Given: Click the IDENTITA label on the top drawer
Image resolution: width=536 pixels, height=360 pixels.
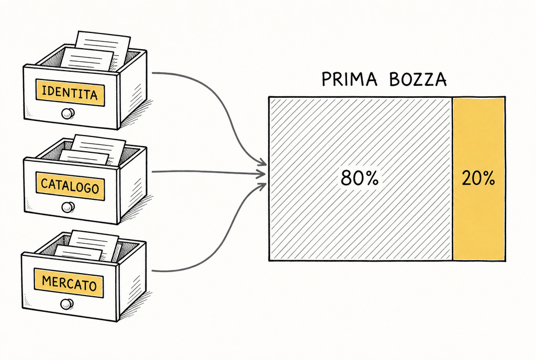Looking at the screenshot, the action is coord(70,93).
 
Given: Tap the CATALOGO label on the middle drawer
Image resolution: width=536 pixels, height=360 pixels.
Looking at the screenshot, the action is coord(70,186).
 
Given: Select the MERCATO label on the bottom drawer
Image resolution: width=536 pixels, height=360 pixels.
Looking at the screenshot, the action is coord(69,283).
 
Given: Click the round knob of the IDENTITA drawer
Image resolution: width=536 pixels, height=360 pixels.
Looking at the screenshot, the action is coord(68,113).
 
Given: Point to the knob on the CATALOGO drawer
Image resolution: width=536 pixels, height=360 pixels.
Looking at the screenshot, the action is coord(68,207).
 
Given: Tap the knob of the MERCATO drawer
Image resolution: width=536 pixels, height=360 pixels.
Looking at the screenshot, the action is coord(67,303).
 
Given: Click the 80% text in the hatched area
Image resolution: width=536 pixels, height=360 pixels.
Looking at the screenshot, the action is coord(360,178).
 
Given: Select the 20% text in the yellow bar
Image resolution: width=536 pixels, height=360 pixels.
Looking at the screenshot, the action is coord(478,178).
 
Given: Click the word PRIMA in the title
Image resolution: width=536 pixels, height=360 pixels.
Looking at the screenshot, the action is coord(349,79).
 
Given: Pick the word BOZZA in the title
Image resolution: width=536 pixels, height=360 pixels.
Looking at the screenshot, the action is coord(418,79).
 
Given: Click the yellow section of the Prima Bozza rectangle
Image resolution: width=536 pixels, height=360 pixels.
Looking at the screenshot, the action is coord(479,179).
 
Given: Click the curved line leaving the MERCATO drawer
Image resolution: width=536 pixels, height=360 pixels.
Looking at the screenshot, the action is coord(226,239).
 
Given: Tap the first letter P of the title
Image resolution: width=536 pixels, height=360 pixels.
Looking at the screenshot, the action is coord(327,79).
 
